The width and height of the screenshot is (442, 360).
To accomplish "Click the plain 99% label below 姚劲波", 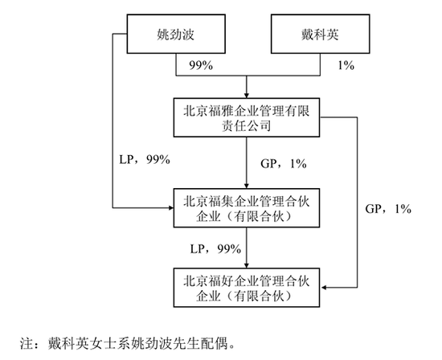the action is (x=201, y=65).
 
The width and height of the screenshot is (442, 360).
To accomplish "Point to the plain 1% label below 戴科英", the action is (x=346, y=65).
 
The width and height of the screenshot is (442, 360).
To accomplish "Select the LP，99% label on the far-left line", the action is (x=145, y=160).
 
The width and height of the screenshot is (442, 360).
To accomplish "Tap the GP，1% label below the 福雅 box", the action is (x=284, y=163).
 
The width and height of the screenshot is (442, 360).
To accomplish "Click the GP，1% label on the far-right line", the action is (x=388, y=209).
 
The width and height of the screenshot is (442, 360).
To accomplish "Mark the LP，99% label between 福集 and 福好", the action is (x=215, y=249).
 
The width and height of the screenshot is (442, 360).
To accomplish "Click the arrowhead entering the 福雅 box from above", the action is (x=247, y=96).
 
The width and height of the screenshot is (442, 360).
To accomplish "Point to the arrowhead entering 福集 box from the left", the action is (x=170, y=208).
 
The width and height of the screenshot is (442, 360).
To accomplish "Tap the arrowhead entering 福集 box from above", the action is (x=247, y=186).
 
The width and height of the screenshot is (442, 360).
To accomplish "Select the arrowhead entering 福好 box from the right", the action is (x=323, y=288).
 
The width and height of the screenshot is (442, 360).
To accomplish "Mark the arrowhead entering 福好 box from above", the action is (x=247, y=265).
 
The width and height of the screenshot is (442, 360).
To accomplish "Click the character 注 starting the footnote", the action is (x=26, y=344).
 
